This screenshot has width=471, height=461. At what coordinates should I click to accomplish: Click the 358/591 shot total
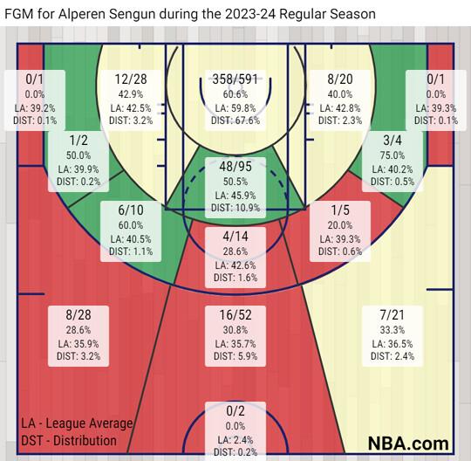pos(235,79)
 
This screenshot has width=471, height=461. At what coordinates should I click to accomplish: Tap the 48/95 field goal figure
pos(235,167)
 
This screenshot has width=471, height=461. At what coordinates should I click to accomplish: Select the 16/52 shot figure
pos(235,315)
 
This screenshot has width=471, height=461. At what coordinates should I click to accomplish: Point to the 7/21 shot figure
pos(392,315)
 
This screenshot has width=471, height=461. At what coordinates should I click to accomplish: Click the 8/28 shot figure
pos(78,315)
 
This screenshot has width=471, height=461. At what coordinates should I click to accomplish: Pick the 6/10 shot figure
pos(131,210)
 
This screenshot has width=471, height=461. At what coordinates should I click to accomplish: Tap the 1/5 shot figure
pos(340,210)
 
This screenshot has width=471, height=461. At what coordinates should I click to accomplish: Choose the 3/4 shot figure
pos(392,141)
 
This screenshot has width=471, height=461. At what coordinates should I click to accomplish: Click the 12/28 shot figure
pos(131,79)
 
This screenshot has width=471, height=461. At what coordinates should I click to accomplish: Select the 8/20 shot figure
pos(340,79)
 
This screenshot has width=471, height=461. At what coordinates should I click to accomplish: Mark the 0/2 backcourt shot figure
pos(235,411)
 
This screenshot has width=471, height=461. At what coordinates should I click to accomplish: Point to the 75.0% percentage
pos(392,155)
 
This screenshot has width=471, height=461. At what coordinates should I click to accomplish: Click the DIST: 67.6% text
pos(235,120)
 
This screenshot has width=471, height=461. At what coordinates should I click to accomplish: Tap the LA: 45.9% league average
pos(235,196)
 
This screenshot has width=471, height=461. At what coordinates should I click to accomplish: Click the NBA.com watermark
pos(408,444)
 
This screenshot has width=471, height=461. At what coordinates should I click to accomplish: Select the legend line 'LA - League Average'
pos(77,423)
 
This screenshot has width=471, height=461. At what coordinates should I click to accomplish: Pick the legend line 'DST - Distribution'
pos(69,441)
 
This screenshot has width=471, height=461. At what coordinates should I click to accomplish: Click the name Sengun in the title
pos(131,14)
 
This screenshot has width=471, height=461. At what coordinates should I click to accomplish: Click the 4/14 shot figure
pos(235,237)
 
